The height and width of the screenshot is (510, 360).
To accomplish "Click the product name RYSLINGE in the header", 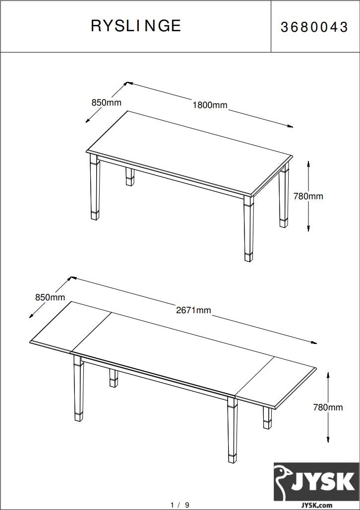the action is click(136, 26).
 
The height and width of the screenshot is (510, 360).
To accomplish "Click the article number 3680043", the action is click(314, 27).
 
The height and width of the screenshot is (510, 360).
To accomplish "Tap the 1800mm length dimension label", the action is click(210, 105).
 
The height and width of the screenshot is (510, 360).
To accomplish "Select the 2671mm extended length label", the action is click(194, 310).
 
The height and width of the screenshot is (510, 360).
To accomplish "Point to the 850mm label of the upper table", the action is click(107, 103).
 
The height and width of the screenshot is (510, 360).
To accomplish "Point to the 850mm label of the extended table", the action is click(50, 297).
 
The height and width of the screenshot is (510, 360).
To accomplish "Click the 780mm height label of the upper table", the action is click(308, 196).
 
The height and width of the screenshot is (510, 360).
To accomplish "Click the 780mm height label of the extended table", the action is click(328, 407).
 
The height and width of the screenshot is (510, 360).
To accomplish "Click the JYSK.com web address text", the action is click(316, 505).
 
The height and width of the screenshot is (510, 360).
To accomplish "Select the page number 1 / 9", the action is click(180, 505).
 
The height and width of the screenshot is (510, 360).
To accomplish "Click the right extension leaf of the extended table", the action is click(275, 382).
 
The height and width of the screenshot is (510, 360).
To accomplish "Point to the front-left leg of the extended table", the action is click(78, 388).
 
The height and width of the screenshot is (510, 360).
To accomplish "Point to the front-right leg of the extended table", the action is click(233, 430).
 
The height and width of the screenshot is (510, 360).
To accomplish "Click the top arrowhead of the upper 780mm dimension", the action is click(308, 162).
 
